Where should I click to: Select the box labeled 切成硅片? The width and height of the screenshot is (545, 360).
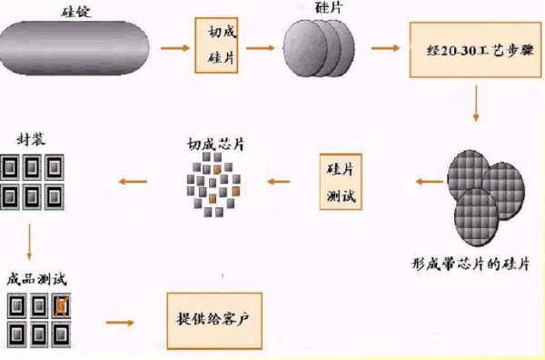(x=222, y=44)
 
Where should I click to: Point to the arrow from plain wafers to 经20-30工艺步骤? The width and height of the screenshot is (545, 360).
(x=382, y=45)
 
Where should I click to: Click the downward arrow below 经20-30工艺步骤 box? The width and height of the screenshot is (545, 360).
(x=475, y=107)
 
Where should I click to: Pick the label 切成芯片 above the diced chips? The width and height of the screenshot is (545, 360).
(x=216, y=144)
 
